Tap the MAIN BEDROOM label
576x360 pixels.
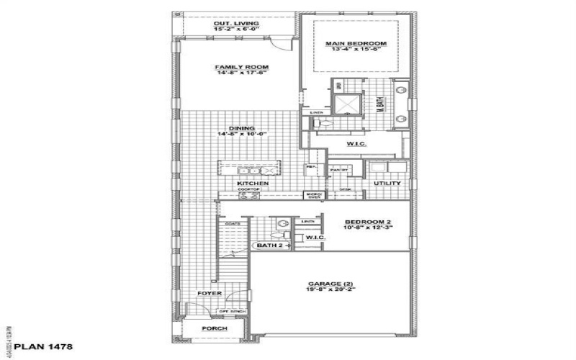[x=355, y=44]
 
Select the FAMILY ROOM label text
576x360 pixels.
[x=236, y=68]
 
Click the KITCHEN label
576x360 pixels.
[x=254, y=184]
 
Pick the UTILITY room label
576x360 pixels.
[x=387, y=184]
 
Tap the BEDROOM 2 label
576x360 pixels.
[x=367, y=222]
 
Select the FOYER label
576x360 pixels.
[x=210, y=294]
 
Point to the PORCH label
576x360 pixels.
[x=214, y=329]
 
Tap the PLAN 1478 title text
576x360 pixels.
[x=37, y=347]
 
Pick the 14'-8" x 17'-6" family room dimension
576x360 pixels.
[x=236, y=74]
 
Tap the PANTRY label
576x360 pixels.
[x=338, y=170]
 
